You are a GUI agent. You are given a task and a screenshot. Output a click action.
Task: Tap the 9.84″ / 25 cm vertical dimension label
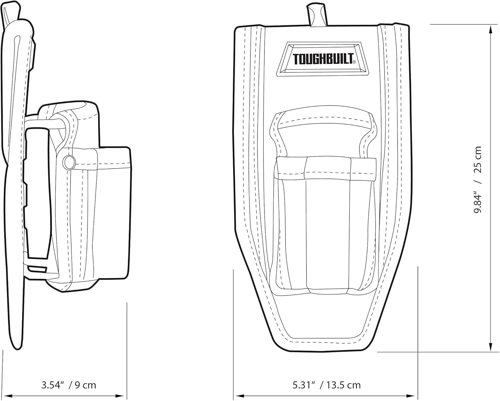tap(478, 179)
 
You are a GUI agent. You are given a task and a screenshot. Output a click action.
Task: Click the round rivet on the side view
tap(69, 162)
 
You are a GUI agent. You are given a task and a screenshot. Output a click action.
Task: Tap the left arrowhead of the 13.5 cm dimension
tap(240, 396)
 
